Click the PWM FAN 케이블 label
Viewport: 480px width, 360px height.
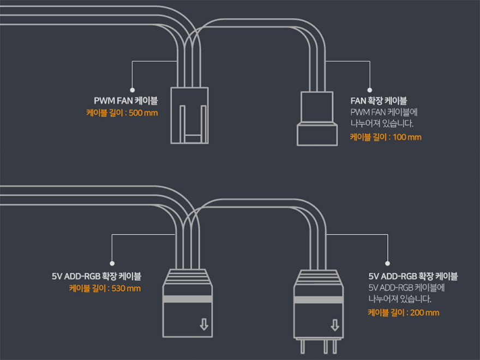(125, 101)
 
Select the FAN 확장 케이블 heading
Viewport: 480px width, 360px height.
(378, 101)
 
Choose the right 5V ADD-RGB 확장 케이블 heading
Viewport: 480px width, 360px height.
(413, 276)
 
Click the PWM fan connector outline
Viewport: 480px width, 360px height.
(189, 115)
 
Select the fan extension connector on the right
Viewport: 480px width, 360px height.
(316, 118)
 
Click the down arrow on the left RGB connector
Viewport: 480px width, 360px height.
(204, 325)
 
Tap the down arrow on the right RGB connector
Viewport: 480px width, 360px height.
(334, 325)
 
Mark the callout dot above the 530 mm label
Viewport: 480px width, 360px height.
(112, 262)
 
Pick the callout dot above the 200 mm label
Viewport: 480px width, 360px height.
(387, 262)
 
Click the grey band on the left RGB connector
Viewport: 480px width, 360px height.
(188, 299)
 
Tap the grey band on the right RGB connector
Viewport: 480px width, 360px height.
(318, 299)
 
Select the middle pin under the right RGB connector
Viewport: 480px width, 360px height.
(318, 347)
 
